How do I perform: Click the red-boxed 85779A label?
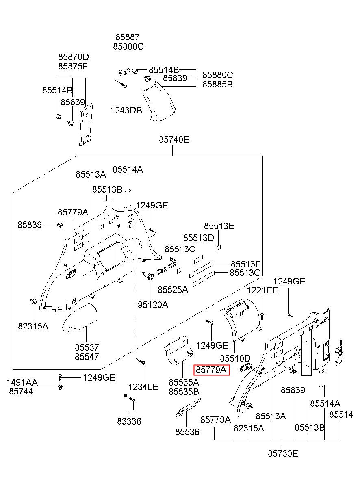211,370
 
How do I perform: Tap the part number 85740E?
174,139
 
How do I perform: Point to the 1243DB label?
126,110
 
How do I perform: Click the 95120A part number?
153,305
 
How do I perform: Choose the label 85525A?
173,290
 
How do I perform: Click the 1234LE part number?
143,387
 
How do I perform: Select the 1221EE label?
262,290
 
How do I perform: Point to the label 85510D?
235,358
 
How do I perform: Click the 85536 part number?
187,432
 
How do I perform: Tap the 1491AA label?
22,382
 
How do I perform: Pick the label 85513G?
245,273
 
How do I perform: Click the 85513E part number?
219,226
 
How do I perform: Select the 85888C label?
128,46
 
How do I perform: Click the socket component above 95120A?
148,275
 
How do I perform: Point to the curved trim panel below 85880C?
158,102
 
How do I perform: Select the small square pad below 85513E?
219,247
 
